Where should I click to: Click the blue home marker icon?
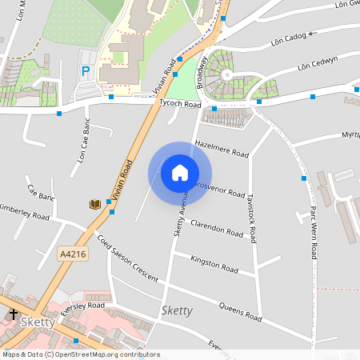pos(179,173)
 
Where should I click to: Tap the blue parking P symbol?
pos(86,72)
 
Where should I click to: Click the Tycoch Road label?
pos(180,104)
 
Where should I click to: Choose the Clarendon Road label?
pos(216,228)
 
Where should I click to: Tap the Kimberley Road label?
pos(24,210)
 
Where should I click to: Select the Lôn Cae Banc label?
pos(85,141)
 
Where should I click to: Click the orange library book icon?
pos(94,205)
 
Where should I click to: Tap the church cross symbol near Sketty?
pos(14,314)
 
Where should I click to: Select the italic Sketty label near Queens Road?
pos(177,310)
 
